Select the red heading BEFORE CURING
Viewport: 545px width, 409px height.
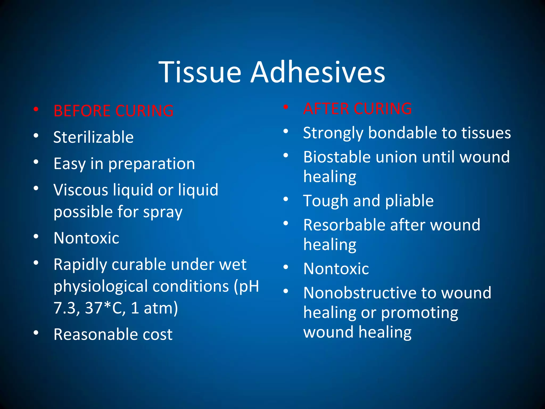[x=114, y=111]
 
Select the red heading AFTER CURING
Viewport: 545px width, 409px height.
[x=357, y=109]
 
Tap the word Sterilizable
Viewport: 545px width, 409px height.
[x=93, y=137]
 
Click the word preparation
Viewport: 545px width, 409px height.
[x=151, y=164]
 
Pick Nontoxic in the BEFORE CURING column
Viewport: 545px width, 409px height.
[x=86, y=238]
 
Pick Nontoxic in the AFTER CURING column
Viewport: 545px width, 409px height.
[x=336, y=268]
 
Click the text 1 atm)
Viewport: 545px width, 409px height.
[x=154, y=308]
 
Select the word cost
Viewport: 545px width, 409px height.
[x=158, y=334]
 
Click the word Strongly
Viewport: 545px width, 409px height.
[x=333, y=133]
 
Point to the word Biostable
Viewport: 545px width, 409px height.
[x=337, y=157]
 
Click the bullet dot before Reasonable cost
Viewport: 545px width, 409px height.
[x=36, y=333]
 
